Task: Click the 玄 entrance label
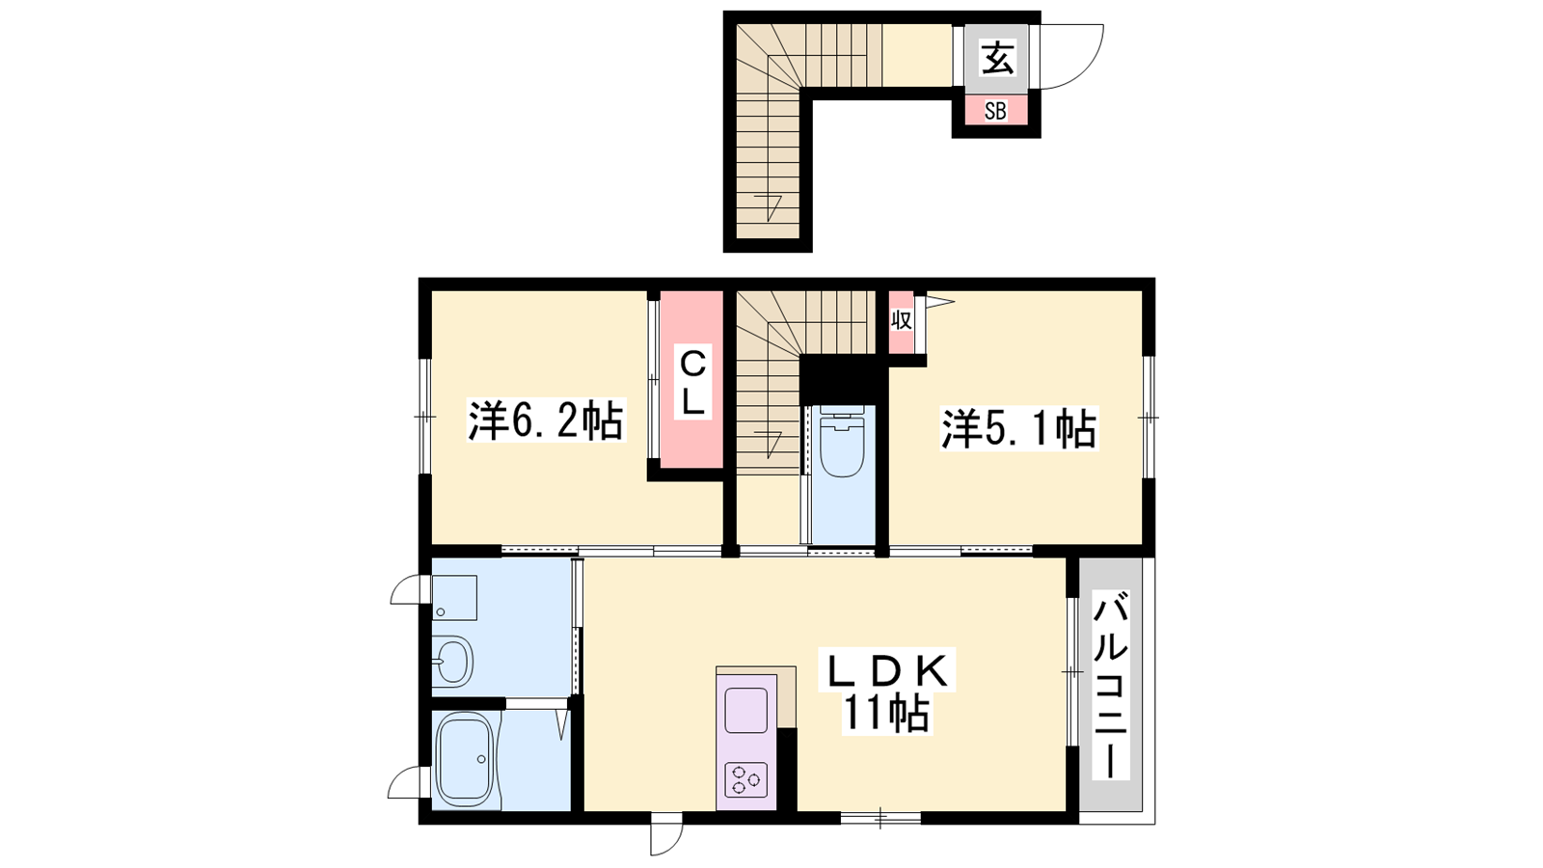point(997,58)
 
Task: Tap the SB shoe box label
point(994,110)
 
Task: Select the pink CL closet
point(691,380)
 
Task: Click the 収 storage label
point(902,320)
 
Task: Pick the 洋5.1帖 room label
point(1018,428)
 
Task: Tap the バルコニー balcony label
point(1110,685)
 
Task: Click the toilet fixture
point(843,441)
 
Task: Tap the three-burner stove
point(746,780)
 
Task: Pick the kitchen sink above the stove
point(746,711)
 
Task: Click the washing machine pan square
point(454,597)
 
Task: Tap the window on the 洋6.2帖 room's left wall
point(425,416)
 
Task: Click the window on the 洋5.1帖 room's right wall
point(1148,418)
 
